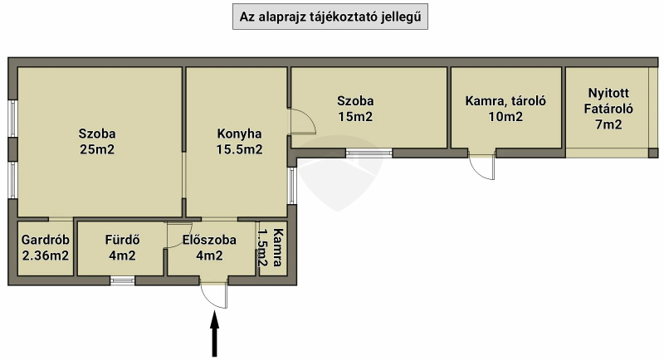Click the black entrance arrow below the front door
tap(215, 333)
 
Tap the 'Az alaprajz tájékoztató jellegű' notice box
tap(330, 17)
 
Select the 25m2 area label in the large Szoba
tap(97, 150)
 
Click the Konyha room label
tap(239, 134)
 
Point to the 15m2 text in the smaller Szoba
tap(355, 117)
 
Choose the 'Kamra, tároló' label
tap(505, 101)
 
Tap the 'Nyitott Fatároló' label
tap(608, 100)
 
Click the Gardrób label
tap(46, 240)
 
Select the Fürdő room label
tap(122, 240)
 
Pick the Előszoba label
tap(209, 240)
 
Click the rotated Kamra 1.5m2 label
tap(271, 247)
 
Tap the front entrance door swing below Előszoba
tap(214, 295)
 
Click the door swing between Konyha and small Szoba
tap(302, 121)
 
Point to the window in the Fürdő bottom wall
tap(122, 280)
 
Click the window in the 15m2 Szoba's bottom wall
tap(369, 153)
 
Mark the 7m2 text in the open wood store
tap(608, 124)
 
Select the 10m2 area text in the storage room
tap(505, 117)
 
